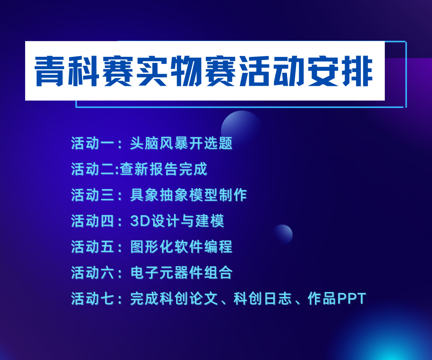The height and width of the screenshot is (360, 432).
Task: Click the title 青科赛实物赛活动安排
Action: coord(204,71)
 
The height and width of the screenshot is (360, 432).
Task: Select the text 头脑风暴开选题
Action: coord(181,143)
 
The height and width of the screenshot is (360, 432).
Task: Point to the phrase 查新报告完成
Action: coord(164,169)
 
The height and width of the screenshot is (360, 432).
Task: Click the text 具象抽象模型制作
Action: coord(188,195)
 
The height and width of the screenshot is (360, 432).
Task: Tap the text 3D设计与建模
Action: coord(177,221)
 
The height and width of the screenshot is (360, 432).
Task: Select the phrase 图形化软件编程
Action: coord(181,247)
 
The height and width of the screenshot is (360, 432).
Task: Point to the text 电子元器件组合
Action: coord(181,273)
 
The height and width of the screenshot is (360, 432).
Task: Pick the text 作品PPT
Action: coord(337,299)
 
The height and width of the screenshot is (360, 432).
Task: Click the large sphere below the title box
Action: coord(241,126)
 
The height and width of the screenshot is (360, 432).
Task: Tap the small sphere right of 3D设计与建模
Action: coord(283,234)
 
